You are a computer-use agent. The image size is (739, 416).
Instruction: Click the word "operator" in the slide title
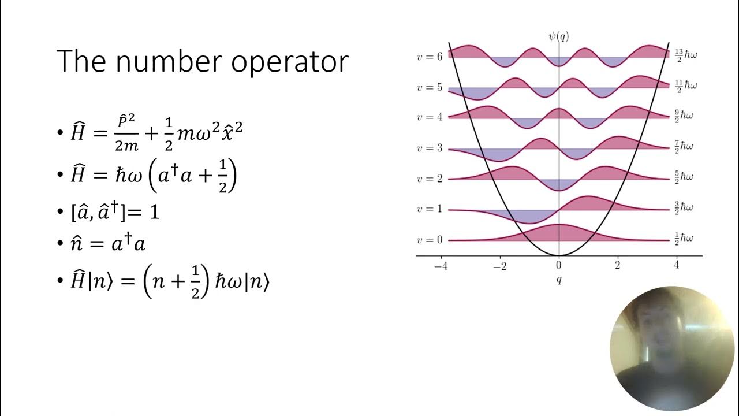coord(290,62)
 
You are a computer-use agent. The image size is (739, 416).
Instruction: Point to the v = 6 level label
coord(430,57)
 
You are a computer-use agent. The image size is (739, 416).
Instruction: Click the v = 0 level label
coord(430,240)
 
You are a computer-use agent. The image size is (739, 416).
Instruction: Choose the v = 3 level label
coord(430,148)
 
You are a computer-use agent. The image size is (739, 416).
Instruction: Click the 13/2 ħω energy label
coord(686,54)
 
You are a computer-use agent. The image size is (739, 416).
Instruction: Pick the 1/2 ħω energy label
coord(684,237)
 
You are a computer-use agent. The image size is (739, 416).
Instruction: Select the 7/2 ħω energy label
coord(684,146)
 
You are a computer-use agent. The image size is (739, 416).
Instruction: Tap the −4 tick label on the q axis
coord(441,266)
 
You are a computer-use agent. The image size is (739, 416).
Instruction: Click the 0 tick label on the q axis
coord(558,266)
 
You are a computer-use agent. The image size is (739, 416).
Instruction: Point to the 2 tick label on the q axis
coord(618,266)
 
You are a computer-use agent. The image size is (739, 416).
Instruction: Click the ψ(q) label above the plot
coord(558,36)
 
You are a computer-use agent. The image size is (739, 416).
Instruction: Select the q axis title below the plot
coord(558,281)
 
